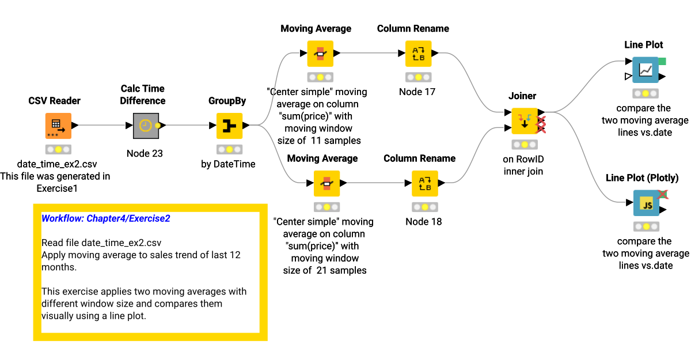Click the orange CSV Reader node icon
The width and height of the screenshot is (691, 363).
tap(58, 126)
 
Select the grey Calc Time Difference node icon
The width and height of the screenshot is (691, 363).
tap(146, 126)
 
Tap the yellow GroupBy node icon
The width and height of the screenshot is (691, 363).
tap(229, 126)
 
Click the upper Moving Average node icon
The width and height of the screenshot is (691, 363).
tap(321, 54)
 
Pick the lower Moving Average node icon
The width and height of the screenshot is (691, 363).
tap(326, 184)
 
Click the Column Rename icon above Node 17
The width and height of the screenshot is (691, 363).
tap(419, 54)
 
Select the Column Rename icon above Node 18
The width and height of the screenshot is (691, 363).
tap(425, 184)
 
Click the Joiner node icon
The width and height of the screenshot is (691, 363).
tap(524, 121)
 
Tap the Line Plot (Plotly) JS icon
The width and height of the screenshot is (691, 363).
tap(647, 205)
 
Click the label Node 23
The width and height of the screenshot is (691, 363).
tap(145, 154)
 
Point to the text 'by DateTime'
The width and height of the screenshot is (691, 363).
tap(228, 164)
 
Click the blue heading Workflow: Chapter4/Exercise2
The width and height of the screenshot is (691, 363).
tap(106, 219)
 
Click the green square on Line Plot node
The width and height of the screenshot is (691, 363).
tap(662, 61)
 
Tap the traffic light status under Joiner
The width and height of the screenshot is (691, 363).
tap(523, 145)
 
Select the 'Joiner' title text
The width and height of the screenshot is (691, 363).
tap(522, 96)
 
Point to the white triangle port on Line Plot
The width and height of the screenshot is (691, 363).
tap(628, 77)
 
